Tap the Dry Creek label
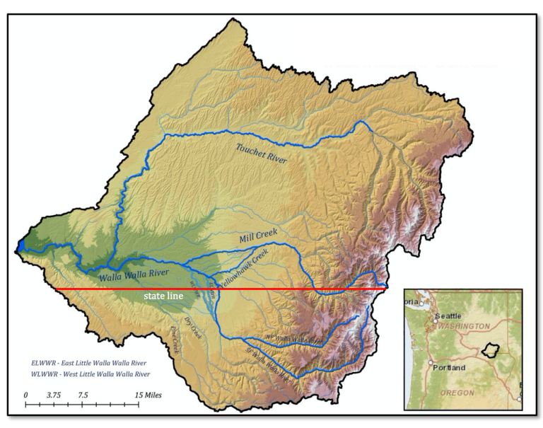point(193,329)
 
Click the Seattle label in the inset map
point(449,316)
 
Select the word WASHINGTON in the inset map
point(465,326)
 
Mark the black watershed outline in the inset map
point(488,350)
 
